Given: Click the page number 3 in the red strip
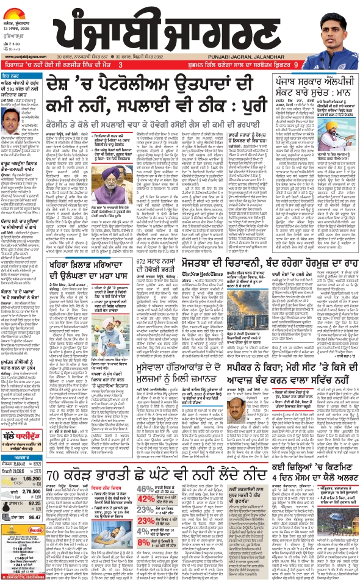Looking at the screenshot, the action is [x=121, y=64].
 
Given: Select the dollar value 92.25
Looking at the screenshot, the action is [x=32, y=536].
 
